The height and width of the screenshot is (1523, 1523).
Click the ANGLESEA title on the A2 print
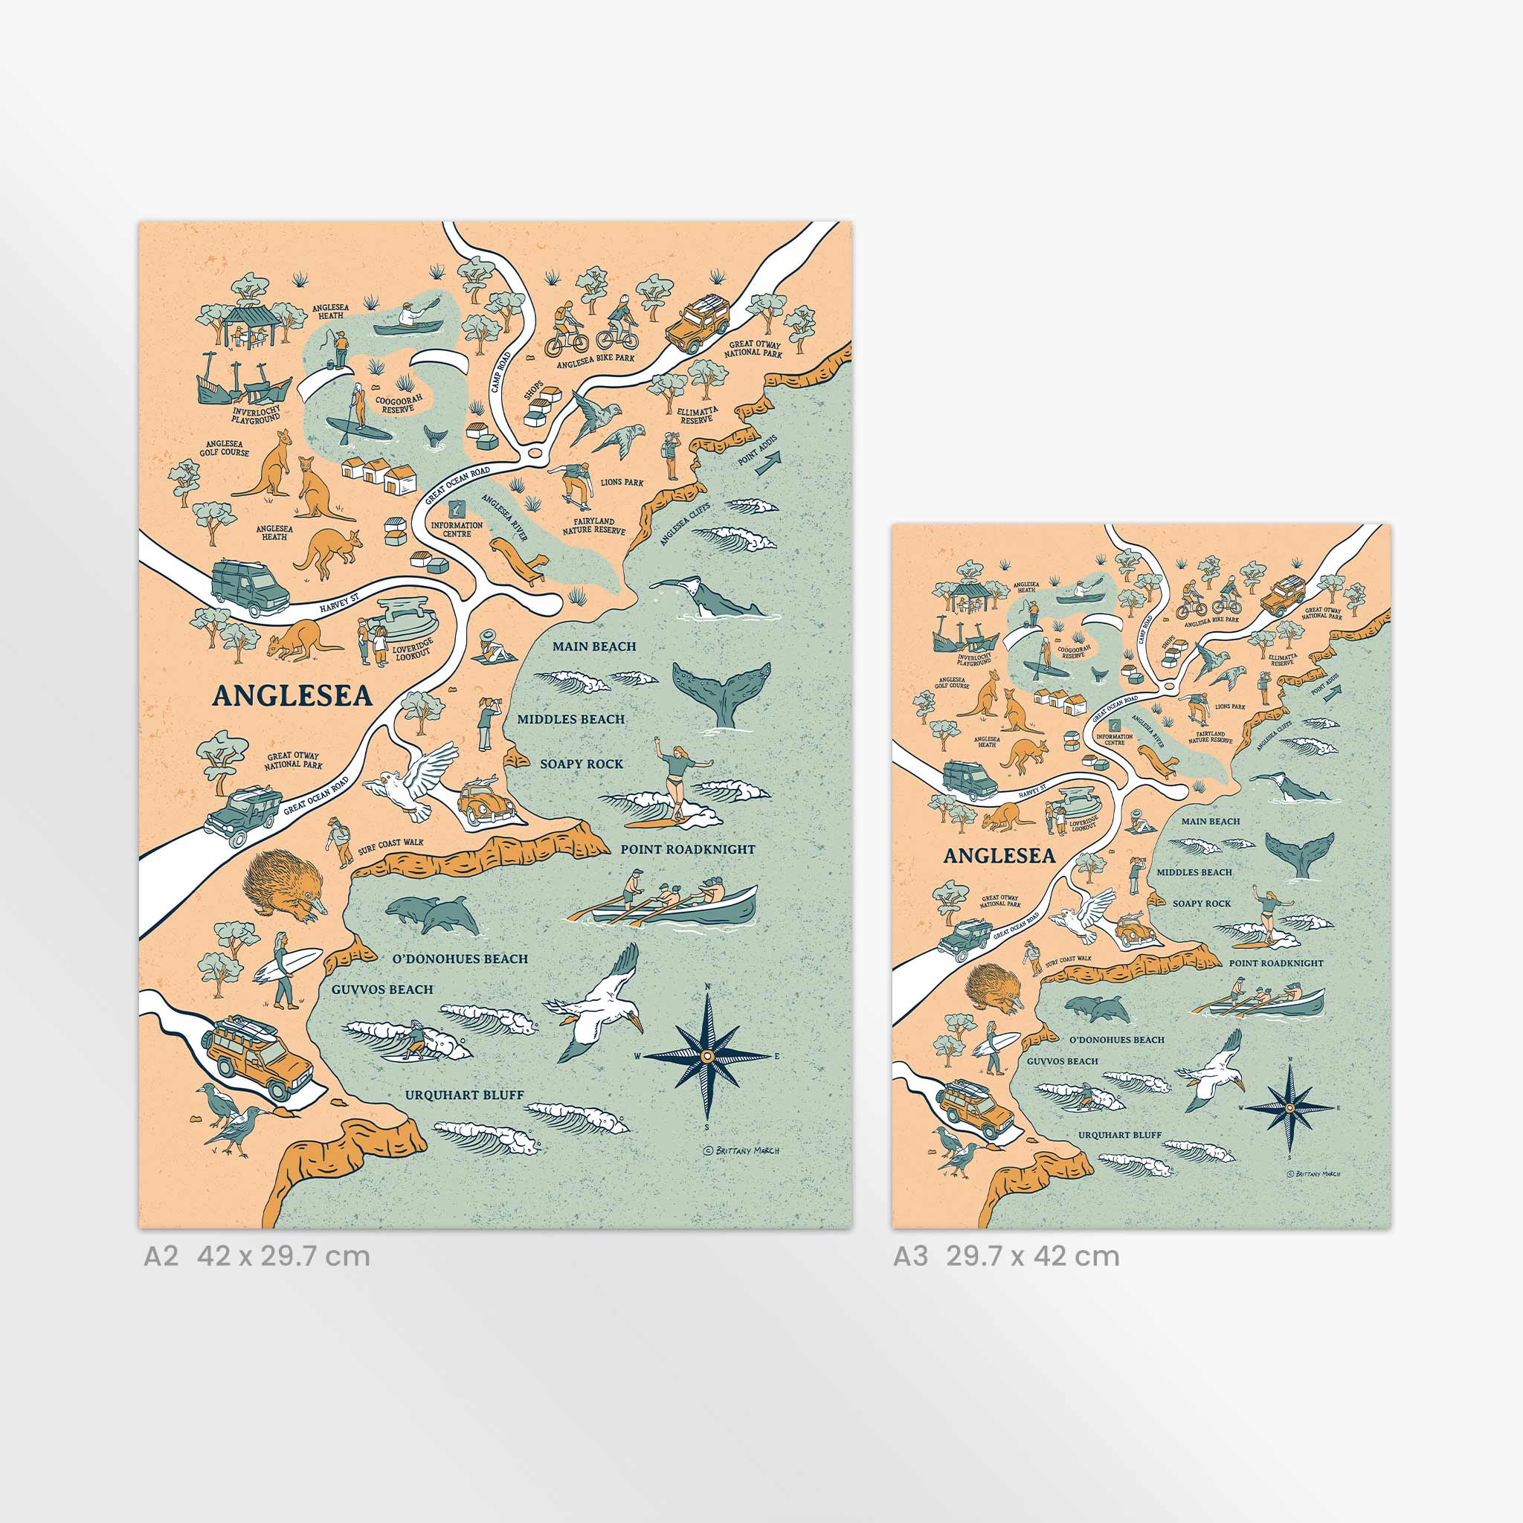click(292, 696)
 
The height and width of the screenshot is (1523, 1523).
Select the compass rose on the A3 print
click(1289, 1107)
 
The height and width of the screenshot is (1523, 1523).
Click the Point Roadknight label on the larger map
click(687, 850)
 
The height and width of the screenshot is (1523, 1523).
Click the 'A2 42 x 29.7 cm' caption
click(257, 1256)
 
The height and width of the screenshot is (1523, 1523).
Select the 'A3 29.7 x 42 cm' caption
click(1006, 1256)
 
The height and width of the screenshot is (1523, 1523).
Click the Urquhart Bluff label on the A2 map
click(464, 1095)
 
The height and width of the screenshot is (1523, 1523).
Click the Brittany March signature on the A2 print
click(741, 1150)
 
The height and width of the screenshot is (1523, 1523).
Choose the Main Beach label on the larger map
click(593, 646)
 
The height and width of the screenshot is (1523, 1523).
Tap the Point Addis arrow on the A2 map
click(767, 463)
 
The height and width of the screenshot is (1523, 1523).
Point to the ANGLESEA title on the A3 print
click(999, 856)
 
